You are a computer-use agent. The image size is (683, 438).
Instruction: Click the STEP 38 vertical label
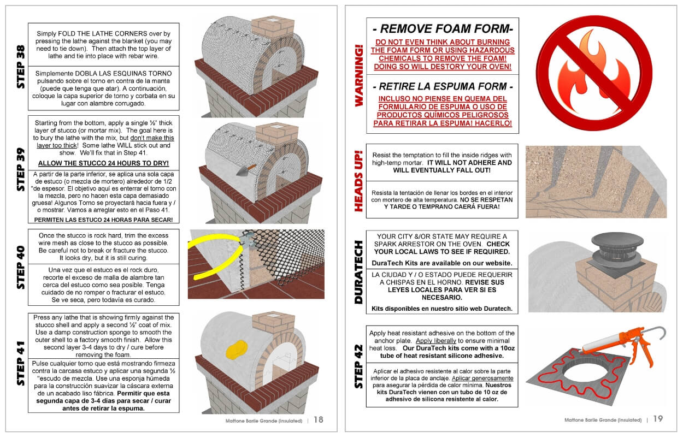pos(20,67)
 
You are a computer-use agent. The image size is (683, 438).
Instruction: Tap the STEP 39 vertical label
pos(20,169)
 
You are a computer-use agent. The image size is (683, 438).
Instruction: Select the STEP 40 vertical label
pos(20,267)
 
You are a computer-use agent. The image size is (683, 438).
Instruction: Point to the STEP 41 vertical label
pos(20,363)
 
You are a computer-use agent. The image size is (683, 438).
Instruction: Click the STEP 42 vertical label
pos(358,366)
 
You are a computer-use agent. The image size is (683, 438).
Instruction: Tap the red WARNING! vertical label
pos(359,75)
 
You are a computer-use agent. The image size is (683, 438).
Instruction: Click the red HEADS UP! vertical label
pos(358,181)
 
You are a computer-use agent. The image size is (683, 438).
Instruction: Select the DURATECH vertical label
pos(358,272)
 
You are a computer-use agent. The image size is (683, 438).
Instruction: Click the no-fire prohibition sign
pos(594,73)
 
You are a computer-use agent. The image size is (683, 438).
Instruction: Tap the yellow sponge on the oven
pos(237,350)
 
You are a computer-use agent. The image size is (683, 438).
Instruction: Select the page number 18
pos(319,420)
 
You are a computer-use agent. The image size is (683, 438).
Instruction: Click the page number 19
pos(658,419)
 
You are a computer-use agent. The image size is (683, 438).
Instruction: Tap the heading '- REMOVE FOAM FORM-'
pos(443,28)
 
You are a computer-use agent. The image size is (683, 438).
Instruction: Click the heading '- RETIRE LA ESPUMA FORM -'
pos(443,87)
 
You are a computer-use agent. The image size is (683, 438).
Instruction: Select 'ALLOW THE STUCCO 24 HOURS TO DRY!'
pos(103,163)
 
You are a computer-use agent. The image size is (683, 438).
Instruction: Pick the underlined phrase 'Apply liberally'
pos(436,341)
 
